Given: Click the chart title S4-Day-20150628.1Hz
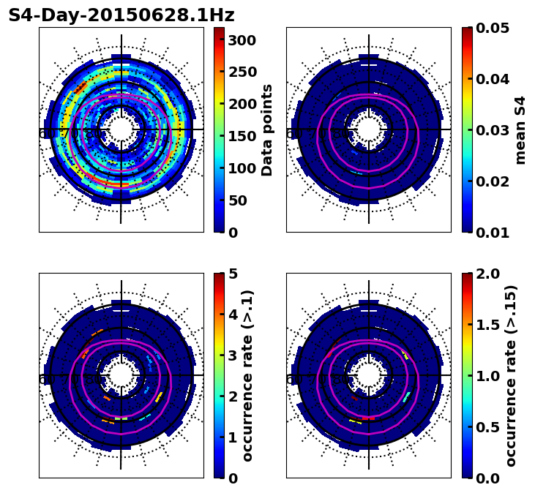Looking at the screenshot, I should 121,15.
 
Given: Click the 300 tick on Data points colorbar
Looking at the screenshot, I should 242,40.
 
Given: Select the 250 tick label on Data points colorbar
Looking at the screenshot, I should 242,72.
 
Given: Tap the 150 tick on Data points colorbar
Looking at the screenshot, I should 242,136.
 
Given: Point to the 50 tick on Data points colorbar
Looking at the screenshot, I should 236,200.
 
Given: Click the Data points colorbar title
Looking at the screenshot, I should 267,129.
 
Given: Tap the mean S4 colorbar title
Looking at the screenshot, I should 520,129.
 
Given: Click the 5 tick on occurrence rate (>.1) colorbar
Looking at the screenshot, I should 232,274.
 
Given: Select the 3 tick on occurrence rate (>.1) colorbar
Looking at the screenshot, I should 232,355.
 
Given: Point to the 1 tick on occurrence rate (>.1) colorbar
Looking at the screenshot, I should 232,437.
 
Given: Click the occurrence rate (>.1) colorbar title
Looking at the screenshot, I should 248,375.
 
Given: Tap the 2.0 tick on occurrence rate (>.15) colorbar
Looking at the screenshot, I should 487,274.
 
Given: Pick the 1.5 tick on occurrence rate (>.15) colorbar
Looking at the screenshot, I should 487,325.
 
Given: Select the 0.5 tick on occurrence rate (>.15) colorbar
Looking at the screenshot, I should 487,427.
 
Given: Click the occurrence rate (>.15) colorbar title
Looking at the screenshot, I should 511,375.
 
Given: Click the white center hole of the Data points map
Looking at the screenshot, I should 121,129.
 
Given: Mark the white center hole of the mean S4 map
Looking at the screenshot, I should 369,129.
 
